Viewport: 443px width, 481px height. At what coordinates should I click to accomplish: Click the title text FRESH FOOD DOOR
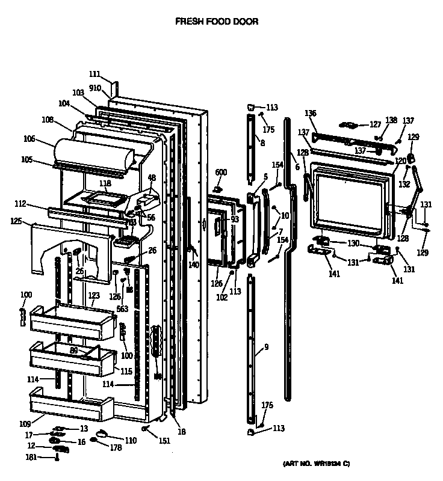coord(216,22)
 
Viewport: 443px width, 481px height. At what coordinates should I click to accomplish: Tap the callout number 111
coord(94,74)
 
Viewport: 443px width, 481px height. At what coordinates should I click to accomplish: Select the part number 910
coord(96,88)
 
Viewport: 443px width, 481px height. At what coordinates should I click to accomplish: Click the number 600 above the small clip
coord(221,173)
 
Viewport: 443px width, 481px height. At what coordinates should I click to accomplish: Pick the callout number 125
coord(17,221)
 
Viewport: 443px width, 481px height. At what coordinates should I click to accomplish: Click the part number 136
coord(310,113)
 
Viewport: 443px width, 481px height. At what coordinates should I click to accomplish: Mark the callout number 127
coord(375,124)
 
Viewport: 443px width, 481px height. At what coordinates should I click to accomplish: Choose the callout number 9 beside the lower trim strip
coord(266,347)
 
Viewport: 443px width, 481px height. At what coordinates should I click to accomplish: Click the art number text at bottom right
coord(317,464)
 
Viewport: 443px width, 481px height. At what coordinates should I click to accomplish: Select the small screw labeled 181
coord(57,458)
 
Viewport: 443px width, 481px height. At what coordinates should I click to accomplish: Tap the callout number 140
coord(193,265)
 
